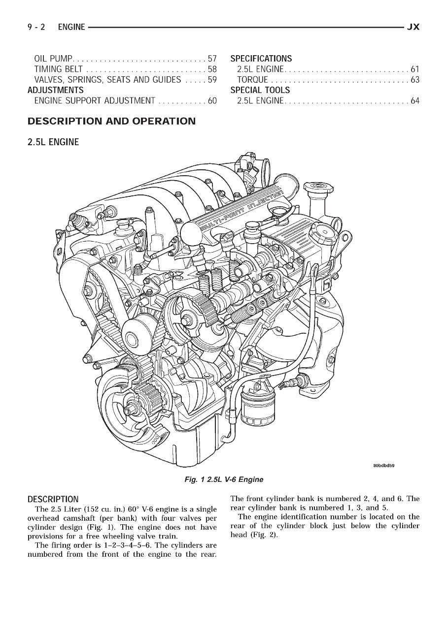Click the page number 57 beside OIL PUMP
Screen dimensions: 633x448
(212, 59)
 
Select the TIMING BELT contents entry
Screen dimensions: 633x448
(58, 69)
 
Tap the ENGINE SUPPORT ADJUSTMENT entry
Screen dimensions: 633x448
(95, 101)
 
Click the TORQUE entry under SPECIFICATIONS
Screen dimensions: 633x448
(252, 80)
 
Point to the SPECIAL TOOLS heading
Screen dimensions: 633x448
(260, 90)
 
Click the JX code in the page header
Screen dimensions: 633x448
(413, 27)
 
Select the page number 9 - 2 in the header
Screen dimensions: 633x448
(36, 27)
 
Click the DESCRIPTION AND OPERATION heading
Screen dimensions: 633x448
(111, 121)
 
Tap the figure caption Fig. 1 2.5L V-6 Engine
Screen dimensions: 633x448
(223, 479)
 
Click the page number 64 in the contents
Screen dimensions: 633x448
(414, 101)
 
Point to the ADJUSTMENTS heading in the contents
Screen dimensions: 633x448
(56, 90)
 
